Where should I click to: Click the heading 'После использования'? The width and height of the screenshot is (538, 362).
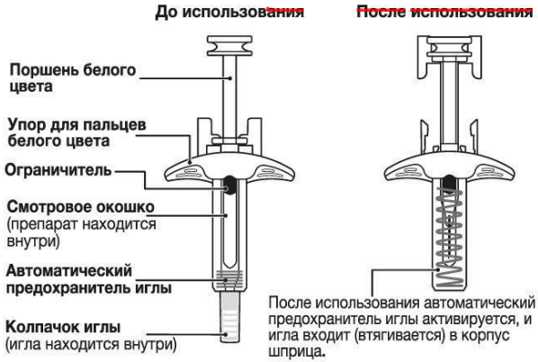pos(442,13)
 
